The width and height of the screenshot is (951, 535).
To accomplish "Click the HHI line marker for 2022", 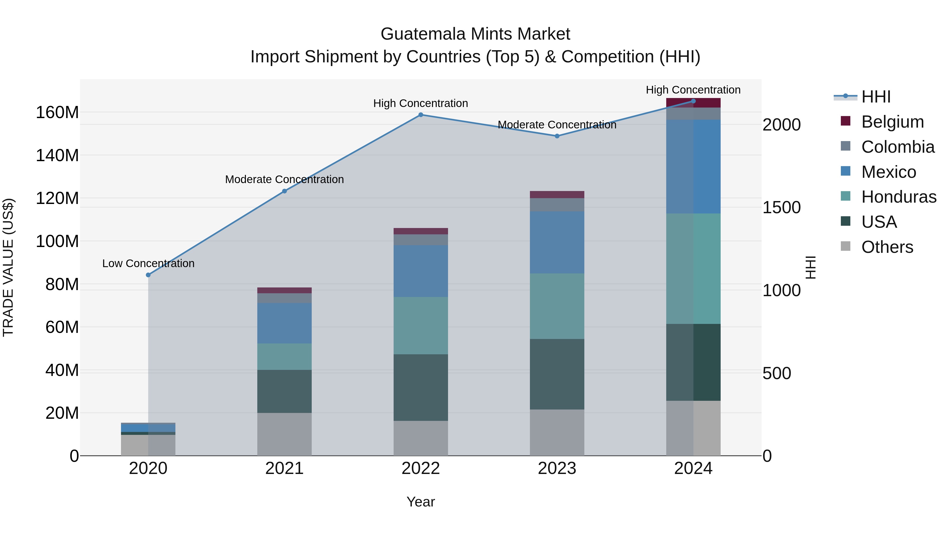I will [x=421, y=115].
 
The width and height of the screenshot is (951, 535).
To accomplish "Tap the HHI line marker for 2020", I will [x=148, y=275].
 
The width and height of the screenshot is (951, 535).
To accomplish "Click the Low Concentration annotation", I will [x=148, y=264].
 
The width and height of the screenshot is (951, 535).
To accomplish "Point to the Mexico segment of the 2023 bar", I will [x=557, y=242].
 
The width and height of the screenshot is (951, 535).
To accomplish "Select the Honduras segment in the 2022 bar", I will [x=421, y=326].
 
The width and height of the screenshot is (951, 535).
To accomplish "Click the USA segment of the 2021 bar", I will [x=284, y=391].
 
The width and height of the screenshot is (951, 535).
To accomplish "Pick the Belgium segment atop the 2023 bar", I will [x=557, y=194].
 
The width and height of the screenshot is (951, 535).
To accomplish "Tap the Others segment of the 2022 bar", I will [x=421, y=438].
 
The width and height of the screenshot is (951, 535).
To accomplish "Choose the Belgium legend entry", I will [x=892, y=122].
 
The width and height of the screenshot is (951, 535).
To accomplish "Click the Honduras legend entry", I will [x=899, y=197].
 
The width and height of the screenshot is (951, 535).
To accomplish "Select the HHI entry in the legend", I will [x=876, y=97].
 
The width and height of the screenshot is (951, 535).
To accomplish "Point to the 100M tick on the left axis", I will [x=57, y=241].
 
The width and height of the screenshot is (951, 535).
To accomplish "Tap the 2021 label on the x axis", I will [x=284, y=468].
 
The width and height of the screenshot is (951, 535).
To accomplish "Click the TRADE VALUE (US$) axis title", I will [x=8, y=267].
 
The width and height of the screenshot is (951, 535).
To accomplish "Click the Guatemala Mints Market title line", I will [x=475, y=34].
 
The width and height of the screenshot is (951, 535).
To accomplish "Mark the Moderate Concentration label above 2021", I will [x=284, y=179].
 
